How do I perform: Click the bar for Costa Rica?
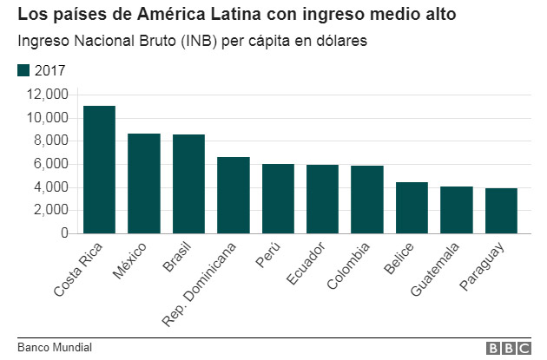point(99,169)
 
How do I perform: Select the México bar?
point(144,183)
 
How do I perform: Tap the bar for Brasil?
point(188,184)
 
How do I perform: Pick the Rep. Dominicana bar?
point(234,195)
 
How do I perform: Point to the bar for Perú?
point(278,199)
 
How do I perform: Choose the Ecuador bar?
point(323,199)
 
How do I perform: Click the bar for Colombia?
point(367,200)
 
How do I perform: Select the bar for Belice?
point(412,207)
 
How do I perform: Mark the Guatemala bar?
point(457,210)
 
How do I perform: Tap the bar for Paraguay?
point(502,211)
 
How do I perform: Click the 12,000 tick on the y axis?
point(47,95)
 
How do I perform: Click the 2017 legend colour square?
point(23,70)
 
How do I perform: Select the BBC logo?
point(508,348)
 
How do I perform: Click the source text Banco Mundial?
point(54,348)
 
